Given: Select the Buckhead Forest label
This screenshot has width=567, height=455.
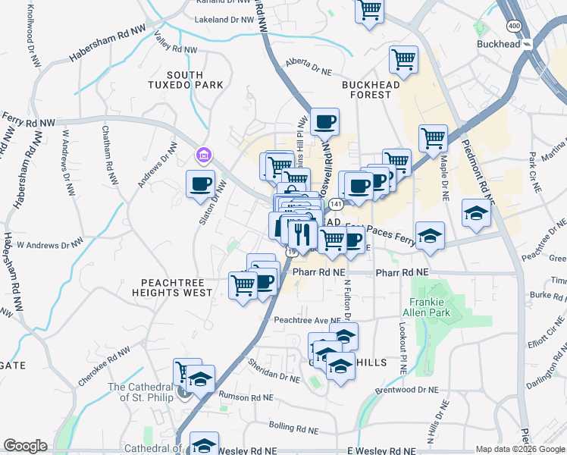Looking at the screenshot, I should [x=371, y=89].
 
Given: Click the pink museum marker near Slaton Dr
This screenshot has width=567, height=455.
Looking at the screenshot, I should [x=202, y=156].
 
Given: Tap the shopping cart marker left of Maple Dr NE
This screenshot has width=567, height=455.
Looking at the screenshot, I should [x=433, y=138].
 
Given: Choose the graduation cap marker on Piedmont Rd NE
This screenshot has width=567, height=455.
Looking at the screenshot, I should [x=475, y=213].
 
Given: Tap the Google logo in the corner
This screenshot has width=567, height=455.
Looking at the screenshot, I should [x=25, y=446].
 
